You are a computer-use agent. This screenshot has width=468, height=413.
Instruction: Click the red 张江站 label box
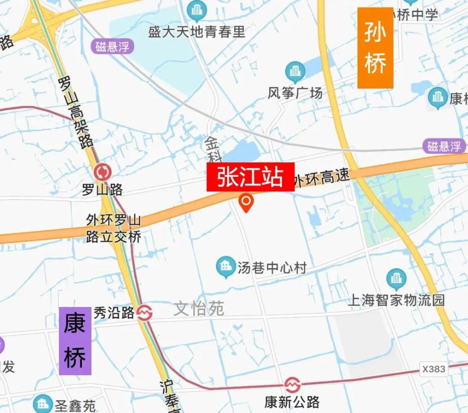pyautogui.click(x=250, y=177)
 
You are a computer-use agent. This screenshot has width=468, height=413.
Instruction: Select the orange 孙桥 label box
pyautogui.click(x=375, y=48)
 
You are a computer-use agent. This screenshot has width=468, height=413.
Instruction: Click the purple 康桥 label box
pyautogui.click(x=75, y=340)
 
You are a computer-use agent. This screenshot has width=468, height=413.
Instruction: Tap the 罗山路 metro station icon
pyautogui.click(x=102, y=173)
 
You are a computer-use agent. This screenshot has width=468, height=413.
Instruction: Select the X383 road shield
pyautogui.click(x=433, y=369)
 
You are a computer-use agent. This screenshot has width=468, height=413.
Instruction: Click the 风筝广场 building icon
pyautogui.click(x=295, y=72)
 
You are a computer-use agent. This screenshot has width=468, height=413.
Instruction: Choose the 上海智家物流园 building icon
pyautogui.click(x=396, y=278)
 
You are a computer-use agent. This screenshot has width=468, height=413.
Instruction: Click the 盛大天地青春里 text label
pyautogui.click(x=197, y=31)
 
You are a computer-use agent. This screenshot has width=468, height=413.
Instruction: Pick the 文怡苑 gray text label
pyautogui.click(x=199, y=308)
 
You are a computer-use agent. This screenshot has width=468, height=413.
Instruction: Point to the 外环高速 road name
pyautogui.click(x=322, y=178)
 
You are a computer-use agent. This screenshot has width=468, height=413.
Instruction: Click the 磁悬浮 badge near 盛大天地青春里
pyautogui.click(x=112, y=47)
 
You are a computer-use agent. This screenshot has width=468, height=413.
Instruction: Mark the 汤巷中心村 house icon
pyautogui.click(x=226, y=266)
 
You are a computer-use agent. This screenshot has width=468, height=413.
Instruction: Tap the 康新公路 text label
pyautogui.click(x=292, y=402)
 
